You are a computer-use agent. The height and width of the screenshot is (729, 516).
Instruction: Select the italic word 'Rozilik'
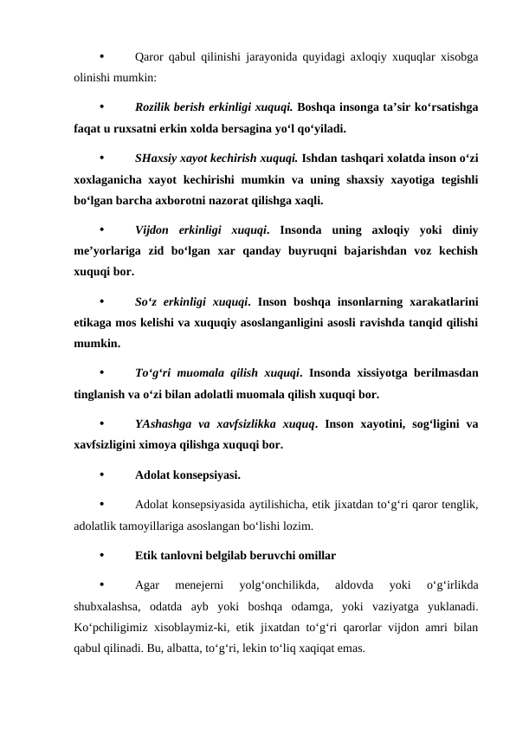152,109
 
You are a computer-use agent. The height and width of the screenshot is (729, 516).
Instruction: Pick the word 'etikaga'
95,323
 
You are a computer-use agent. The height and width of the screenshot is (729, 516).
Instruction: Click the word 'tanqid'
382,323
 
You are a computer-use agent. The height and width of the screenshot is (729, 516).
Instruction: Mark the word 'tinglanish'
98,395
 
